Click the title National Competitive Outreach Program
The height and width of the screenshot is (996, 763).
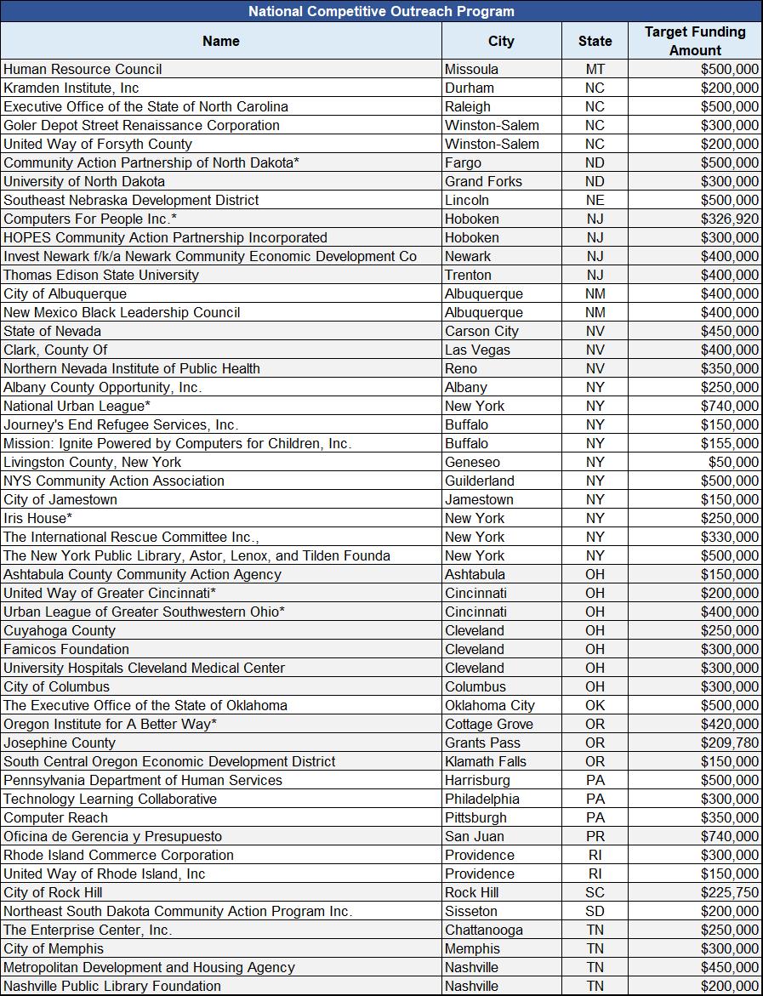pyautogui.click(x=381, y=11)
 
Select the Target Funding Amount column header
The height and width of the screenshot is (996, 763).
pyautogui.click(x=695, y=41)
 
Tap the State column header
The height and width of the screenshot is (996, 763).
pyautogui.click(x=595, y=41)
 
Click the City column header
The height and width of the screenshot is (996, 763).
pyautogui.click(x=501, y=41)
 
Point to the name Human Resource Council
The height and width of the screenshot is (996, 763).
pyautogui.click(x=83, y=69)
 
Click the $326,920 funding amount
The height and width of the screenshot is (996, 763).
pyautogui.click(x=730, y=219)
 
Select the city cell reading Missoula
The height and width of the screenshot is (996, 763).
pyautogui.click(x=471, y=69)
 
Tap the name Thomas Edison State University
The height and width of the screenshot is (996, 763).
pyautogui.click(x=101, y=275)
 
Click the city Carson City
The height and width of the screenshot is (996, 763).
pyautogui.click(x=481, y=331)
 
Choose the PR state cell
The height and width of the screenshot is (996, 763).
pyautogui.click(x=595, y=836)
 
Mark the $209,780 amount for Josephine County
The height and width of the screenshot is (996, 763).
pyautogui.click(x=730, y=743)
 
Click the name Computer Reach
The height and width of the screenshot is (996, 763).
pyautogui.click(x=56, y=817)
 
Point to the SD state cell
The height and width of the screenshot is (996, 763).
pyautogui.click(x=595, y=911)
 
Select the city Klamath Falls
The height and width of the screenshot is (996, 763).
pyautogui.click(x=486, y=761)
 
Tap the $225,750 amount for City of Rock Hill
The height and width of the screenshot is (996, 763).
pyautogui.click(x=730, y=892)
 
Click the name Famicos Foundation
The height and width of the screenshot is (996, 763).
pyautogui.click(x=66, y=649)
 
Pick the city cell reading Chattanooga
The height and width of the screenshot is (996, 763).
pyautogui.click(x=484, y=930)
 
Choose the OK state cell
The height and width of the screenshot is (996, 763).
pyautogui.click(x=595, y=705)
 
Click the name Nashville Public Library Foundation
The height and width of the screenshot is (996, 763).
pyautogui.click(x=112, y=986)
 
